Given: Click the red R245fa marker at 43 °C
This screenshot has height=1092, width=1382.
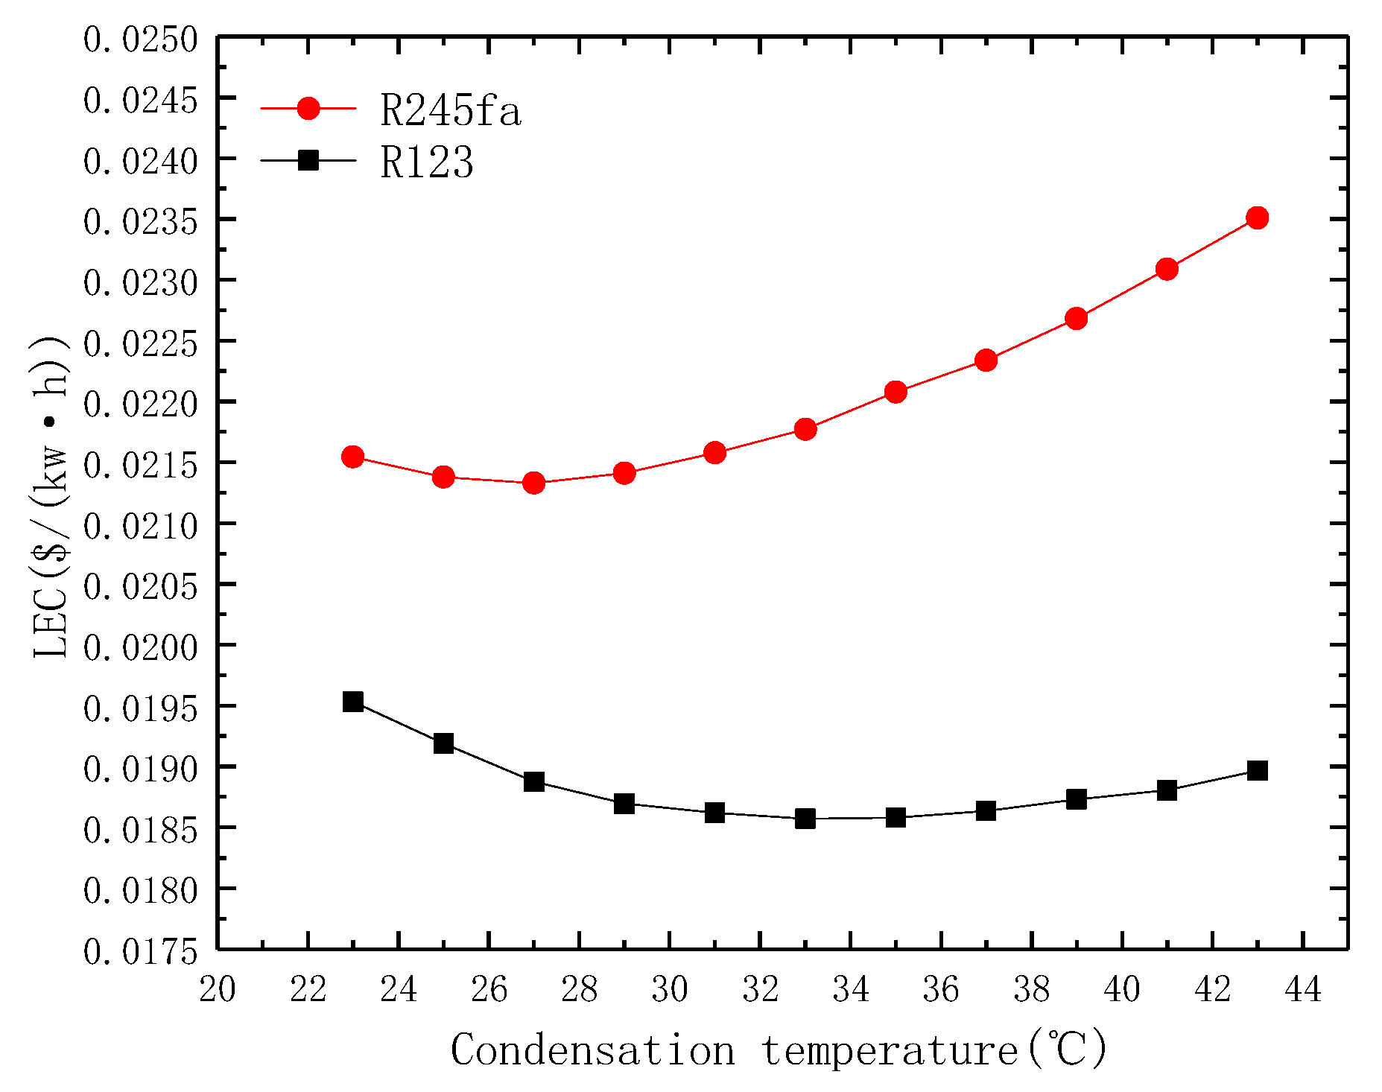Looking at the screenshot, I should coord(1258,218).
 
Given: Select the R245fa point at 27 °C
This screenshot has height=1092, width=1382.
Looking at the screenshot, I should coord(533,483).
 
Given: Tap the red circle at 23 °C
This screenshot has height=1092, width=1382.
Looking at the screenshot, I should coord(352,457).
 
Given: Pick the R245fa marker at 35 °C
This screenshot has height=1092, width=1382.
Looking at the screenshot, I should coord(896,392).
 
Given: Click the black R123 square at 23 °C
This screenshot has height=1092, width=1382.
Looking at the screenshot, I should coord(352,702).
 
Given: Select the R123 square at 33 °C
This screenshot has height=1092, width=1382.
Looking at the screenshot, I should coord(805,819).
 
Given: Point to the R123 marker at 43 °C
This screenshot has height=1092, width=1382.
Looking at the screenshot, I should coord(1258,770).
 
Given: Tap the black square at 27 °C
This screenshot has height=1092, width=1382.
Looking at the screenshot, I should coord(533,781).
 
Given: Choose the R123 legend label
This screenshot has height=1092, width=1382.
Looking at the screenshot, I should coord(426,162).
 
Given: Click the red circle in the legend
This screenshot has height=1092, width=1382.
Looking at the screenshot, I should coord(308,109).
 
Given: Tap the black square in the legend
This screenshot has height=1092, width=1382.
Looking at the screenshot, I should coord(308,159).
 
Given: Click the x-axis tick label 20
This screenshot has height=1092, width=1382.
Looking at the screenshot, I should coord(218,990).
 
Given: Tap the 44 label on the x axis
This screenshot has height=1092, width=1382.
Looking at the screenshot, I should coord(1303,990).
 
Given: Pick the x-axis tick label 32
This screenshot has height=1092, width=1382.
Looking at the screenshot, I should coord(760,990).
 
